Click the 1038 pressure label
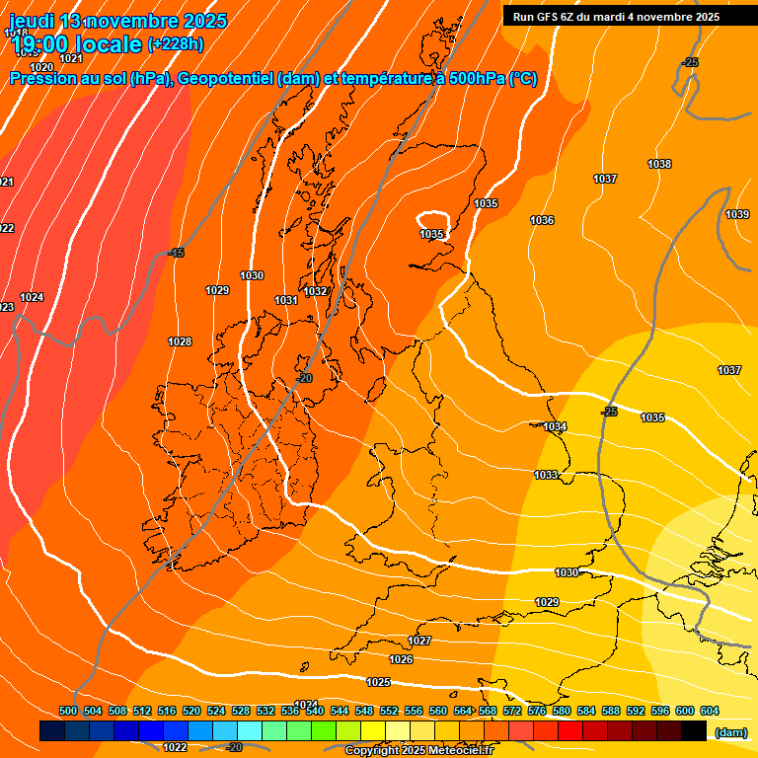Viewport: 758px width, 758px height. tap(659, 164)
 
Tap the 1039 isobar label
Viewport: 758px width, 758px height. tap(737, 214)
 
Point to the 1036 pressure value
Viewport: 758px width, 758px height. tap(542, 220)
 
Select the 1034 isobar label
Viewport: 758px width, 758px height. tap(555, 426)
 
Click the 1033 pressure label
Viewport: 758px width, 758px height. tap(546, 475)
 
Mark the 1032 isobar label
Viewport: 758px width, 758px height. tap(316, 291)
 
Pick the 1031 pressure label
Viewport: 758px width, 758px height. tap(286, 300)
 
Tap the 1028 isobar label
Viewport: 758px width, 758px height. tap(180, 341)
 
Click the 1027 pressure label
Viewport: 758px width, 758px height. tap(419, 641)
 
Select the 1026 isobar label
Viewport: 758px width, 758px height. tap(401, 659)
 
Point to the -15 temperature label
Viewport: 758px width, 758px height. tap(176, 254)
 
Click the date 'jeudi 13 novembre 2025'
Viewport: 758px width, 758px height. tap(118, 21)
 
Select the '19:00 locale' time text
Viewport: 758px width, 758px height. tap(75, 43)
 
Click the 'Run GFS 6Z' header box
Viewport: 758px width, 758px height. tap(616, 16)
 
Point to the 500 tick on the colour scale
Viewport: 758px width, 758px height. tap(68, 711)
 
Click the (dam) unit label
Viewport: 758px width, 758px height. tap(730, 731)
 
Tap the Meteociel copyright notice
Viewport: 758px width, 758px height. tap(418, 751)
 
